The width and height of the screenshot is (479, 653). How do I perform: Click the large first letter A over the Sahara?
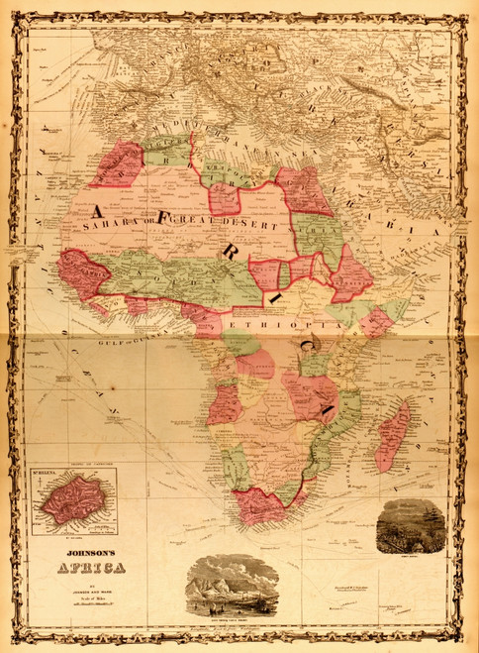(x=99, y=209)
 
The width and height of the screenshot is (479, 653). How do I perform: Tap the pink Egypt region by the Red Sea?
(x=301, y=190)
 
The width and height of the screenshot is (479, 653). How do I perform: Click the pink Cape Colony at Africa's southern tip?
(x=259, y=505)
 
